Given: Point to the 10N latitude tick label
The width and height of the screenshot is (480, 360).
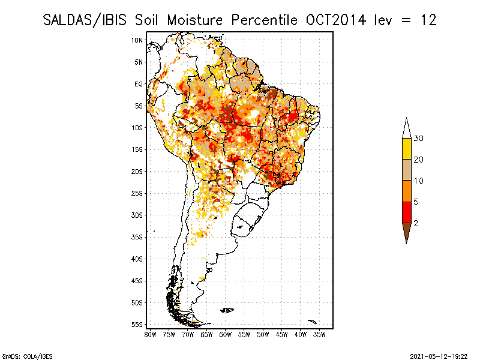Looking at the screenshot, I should pyautogui.click(x=137, y=40).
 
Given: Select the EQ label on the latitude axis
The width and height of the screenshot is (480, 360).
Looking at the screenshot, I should pyautogui.click(x=139, y=84).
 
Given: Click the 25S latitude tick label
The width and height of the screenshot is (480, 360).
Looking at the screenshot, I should pyautogui.click(x=137, y=193).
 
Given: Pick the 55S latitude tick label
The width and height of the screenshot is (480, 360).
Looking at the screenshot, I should pyautogui.click(x=137, y=325).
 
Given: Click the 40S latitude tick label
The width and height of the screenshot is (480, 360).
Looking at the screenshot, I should pyautogui.click(x=137, y=259).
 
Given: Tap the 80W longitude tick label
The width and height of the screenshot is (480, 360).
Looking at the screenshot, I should pyautogui.click(x=150, y=334).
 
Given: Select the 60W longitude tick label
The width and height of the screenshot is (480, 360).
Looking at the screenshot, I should pyautogui.click(x=226, y=334).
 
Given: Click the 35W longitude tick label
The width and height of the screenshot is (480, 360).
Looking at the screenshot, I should pyautogui.click(x=320, y=334).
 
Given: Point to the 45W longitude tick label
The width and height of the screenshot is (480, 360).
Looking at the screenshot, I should pyautogui.click(x=282, y=334).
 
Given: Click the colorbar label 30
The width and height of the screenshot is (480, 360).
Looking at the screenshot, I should pyautogui.click(x=419, y=139).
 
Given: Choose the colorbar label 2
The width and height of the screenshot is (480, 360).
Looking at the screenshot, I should pyautogui.click(x=416, y=223).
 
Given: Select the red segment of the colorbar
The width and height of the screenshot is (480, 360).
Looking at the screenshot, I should pyautogui.click(x=407, y=212).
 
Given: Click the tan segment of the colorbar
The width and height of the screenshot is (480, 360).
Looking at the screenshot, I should pyautogui.click(x=407, y=170).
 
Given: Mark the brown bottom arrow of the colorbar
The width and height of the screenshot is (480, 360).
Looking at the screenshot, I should pyautogui.click(x=407, y=230).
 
